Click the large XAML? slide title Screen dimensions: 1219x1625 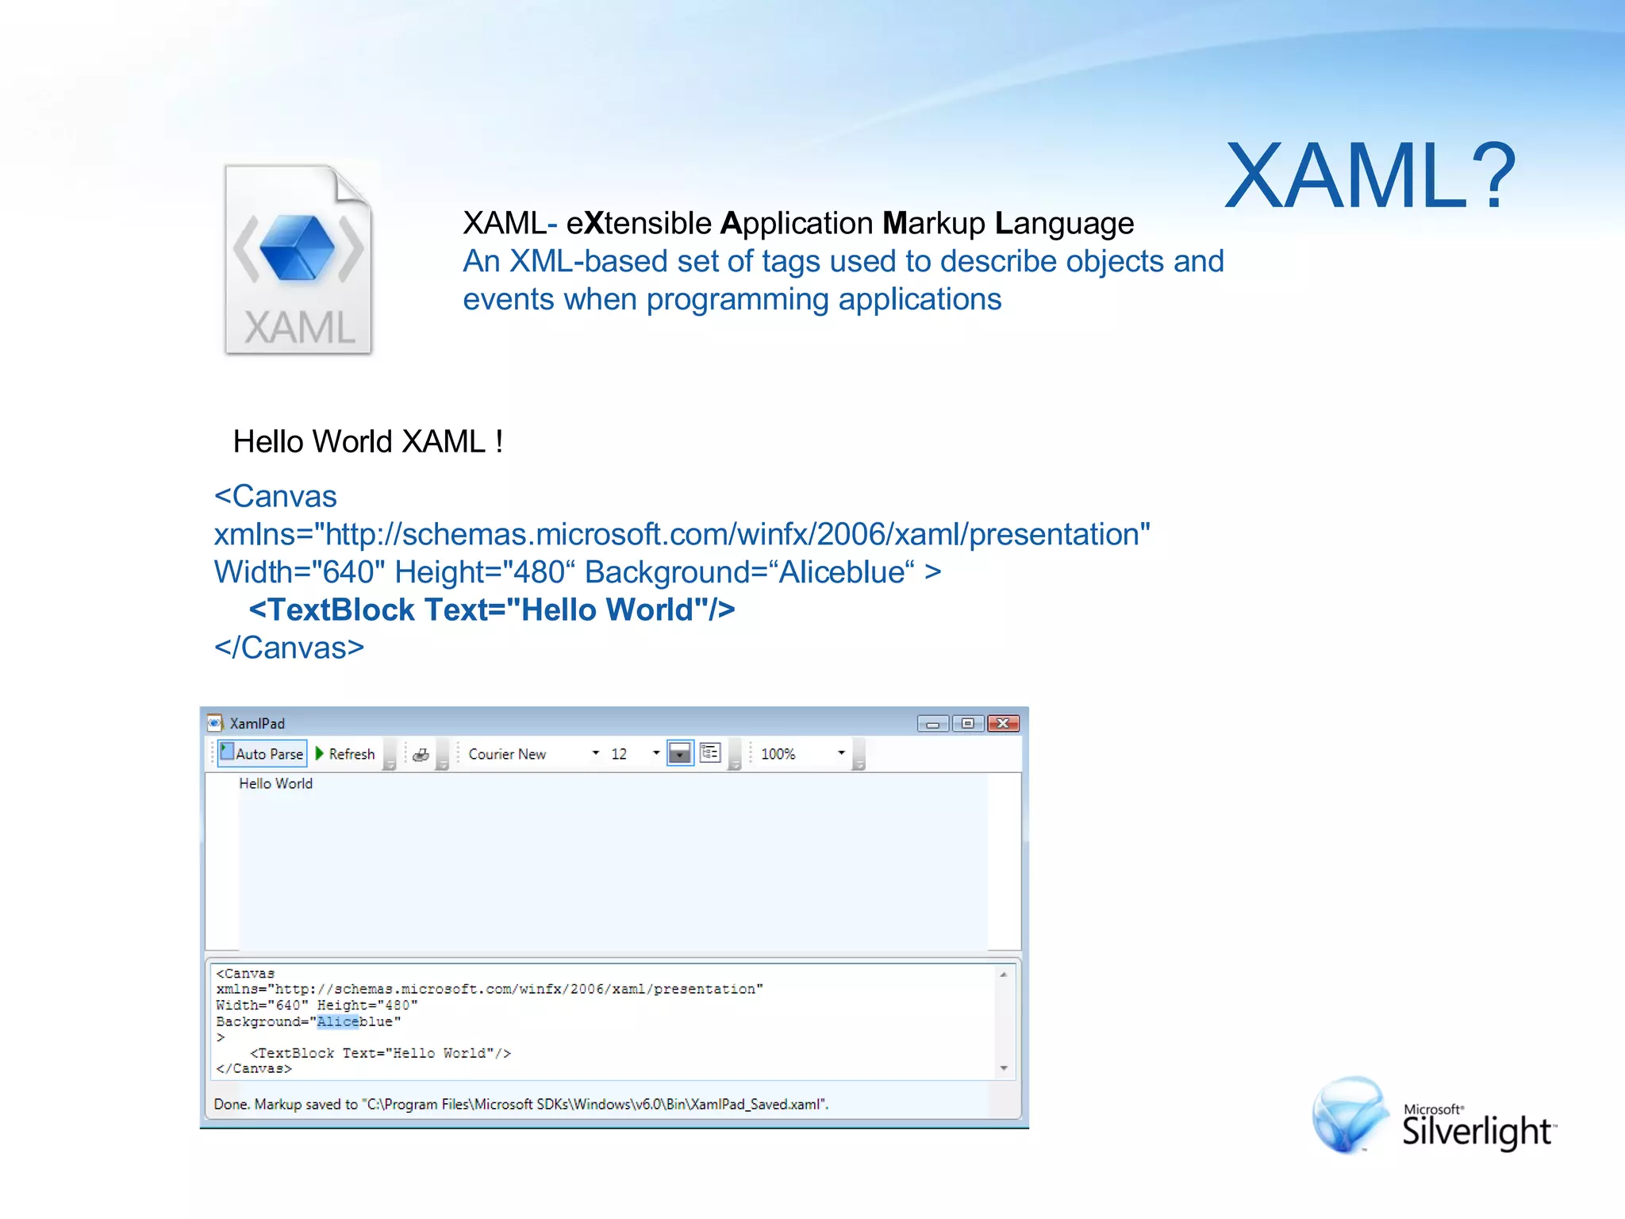tap(1370, 176)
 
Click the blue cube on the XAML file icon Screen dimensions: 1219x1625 tap(298, 248)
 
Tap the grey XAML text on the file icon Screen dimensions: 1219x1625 tap(299, 327)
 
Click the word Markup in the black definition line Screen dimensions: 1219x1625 tap(934, 224)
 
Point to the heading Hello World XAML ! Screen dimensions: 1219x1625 tap(367, 441)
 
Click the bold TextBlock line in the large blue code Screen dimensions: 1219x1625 tap(492, 609)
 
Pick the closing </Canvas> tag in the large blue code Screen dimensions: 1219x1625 tap(289, 648)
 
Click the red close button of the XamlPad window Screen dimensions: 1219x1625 tap(1003, 723)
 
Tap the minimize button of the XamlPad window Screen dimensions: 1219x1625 tap(932, 723)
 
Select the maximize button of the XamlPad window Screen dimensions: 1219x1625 tap(967, 723)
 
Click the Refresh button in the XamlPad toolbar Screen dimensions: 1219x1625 tap(345, 754)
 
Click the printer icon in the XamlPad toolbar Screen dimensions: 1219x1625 tap(421, 754)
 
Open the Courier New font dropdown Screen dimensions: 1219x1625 tap(595, 753)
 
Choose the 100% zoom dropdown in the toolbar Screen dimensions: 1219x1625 tap(840, 753)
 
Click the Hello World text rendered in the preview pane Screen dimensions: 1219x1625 tap(275, 783)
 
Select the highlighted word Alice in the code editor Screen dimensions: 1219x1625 tap(337, 1021)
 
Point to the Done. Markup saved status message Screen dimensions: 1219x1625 tap(521, 1104)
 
